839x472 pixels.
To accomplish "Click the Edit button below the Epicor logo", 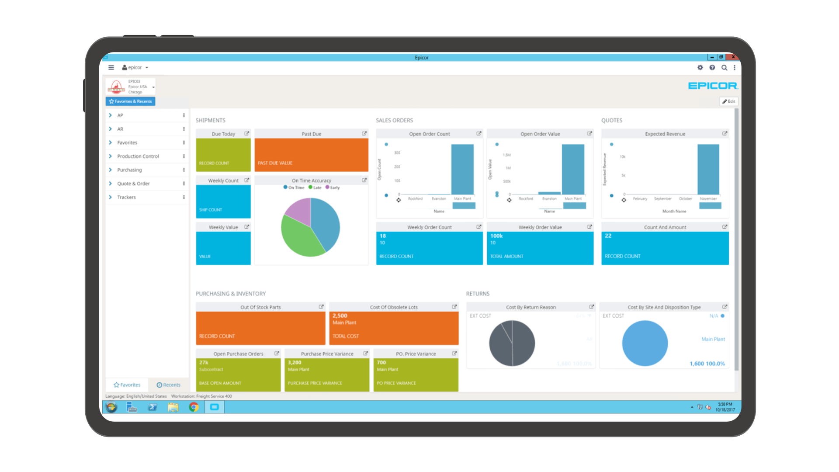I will click(x=728, y=101).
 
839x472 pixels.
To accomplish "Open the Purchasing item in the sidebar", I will click(x=129, y=170).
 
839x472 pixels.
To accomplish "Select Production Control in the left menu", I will click(x=138, y=156).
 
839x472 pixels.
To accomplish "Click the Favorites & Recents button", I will click(x=131, y=101).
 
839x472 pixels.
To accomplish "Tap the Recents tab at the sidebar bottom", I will click(x=169, y=385).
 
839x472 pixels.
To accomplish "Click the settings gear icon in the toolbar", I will click(x=700, y=68).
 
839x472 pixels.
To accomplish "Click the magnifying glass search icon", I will click(x=724, y=68).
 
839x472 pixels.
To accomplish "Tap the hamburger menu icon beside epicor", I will click(x=111, y=68).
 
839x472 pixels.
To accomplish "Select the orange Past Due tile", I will click(x=311, y=155).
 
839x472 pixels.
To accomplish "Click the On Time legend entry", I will click(x=294, y=187).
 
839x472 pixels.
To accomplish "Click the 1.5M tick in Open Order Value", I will click(x=507, y=155).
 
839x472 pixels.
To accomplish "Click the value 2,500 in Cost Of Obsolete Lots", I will click(x=340, y=316).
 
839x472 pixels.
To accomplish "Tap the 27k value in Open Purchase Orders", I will click(x=204, y=362).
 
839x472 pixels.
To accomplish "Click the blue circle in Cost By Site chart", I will click(x=645, y=343).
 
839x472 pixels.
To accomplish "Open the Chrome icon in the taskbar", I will click(x=194, y=407).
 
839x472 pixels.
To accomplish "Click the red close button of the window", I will click(x=733, y=57).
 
